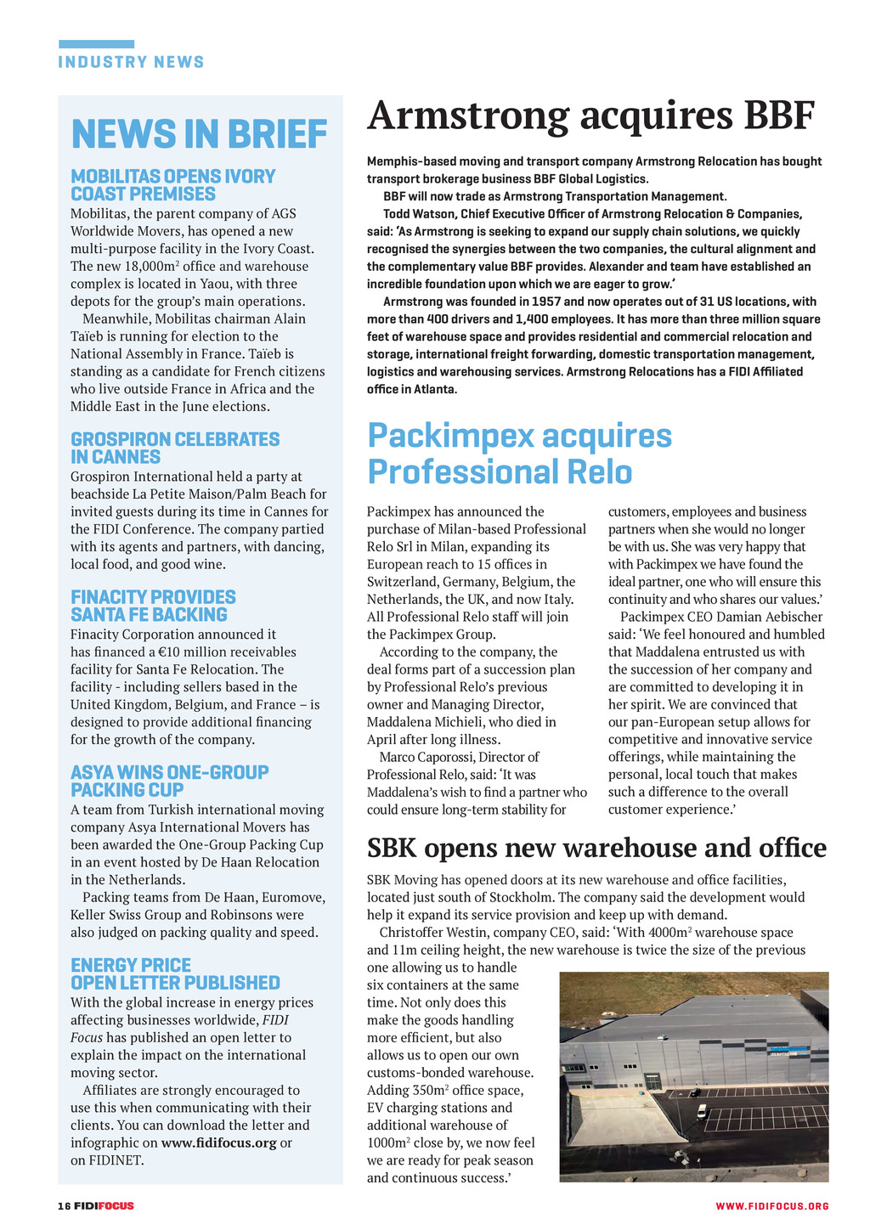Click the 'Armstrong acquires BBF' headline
coord(590,116)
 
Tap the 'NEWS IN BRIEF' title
coord(199,134)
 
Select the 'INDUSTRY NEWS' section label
coord(131,62)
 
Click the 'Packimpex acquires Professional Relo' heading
coord(519,454)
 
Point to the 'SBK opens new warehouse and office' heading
coord(596,848)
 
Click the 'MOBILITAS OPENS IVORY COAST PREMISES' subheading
coord(172,185)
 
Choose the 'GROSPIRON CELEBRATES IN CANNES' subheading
coord(174,448)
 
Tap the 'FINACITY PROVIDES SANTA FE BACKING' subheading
coord(153,606)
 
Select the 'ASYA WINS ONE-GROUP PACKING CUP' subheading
coord(169,781)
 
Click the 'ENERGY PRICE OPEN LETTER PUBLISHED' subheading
coord(175,973)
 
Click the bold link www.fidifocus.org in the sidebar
coord(218,1143)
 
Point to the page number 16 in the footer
coord(63,1206)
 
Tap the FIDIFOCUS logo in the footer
coord(104,1206)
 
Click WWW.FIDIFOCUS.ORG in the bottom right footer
coord(771,1206)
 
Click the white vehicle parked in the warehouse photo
coord(701,1110)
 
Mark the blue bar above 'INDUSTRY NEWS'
coord(96,44)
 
